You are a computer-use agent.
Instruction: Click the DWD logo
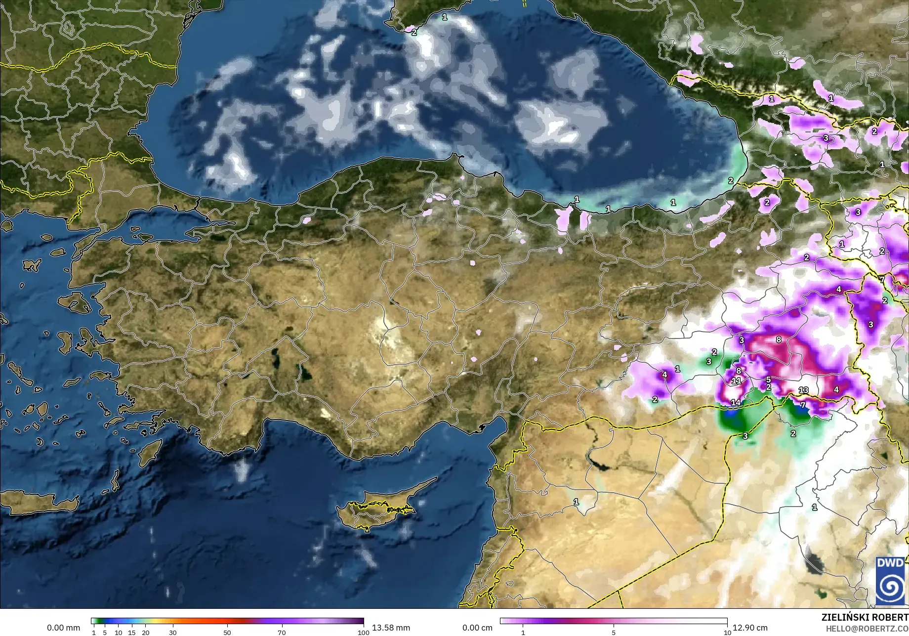click(x=891, y=581)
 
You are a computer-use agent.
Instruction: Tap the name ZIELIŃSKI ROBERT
click(x=865, y=617)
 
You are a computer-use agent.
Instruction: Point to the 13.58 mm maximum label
click(x=391, y=628)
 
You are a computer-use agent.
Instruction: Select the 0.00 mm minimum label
click(x=63, y=628)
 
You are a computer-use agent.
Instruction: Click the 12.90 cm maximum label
click(x=750, y=628)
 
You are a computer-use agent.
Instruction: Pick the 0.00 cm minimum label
click(x=478, y=628)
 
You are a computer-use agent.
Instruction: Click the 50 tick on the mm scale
click(x=227, y=632)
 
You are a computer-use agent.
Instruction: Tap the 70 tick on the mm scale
click(x=281, y=632)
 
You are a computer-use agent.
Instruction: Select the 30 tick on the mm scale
click(x=172, y=632)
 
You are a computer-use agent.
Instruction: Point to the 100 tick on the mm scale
click(x=363, y=632)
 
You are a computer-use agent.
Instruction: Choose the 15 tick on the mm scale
click(x=132, y=632)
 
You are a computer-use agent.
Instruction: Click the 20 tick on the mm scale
click(x=145, y=632)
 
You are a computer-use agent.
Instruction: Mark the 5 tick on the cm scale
click(x=614, y=632)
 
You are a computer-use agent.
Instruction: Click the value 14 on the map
click(x=736, y=402)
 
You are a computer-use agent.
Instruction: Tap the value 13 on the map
click(x=803, y=390)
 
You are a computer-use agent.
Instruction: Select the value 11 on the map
click(x=736, y=381)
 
